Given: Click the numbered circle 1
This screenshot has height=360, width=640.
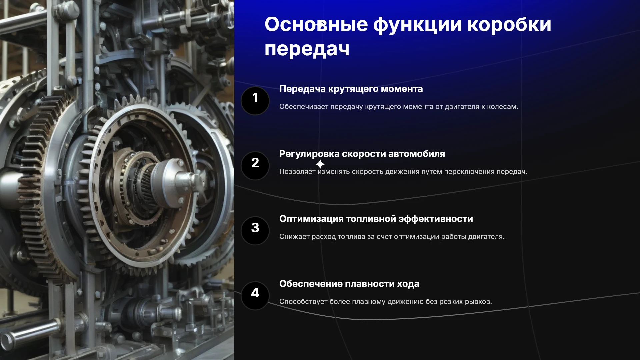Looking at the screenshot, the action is (255, 101).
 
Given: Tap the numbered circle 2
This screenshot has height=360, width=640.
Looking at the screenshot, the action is (255, 166).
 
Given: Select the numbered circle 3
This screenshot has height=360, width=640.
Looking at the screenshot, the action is (255, 231).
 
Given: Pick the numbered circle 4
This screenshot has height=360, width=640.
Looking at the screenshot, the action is (255, 296).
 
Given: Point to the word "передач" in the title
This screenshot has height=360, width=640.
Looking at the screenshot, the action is (307, 49).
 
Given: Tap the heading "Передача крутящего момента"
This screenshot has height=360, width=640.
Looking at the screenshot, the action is (351, 89).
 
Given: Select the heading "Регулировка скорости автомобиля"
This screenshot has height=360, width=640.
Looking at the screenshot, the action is (362, 154).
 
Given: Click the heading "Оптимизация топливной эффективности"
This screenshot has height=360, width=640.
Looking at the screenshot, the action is (376, 219).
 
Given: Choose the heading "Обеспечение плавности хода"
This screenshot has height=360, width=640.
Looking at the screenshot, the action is (349, 284).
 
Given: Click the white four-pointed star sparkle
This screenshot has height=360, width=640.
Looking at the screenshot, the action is (320, 164).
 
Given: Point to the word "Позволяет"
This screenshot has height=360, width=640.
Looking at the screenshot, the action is (297, 172).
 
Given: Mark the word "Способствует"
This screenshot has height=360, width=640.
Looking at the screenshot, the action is (303, 302).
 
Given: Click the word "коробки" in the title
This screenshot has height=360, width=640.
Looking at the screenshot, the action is (509, 25).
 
